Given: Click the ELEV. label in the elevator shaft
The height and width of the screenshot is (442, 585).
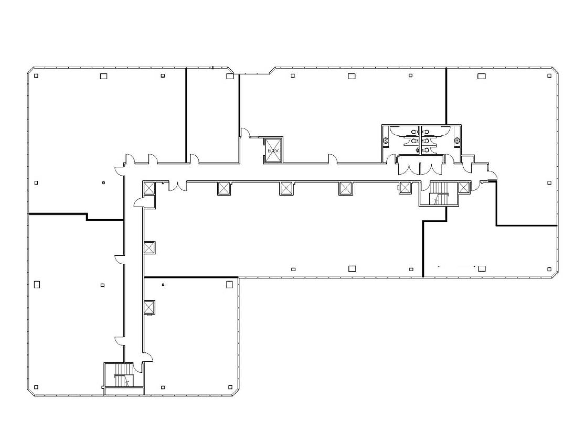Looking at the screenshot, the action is coord(273,151).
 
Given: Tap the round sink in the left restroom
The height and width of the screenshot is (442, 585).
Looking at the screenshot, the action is coord(386,141).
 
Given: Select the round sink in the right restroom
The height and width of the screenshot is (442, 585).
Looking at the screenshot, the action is coord(457,141).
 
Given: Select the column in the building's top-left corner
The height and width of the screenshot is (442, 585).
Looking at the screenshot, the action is coord(36,76).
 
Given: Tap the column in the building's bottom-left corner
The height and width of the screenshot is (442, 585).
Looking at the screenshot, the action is coord(36,387).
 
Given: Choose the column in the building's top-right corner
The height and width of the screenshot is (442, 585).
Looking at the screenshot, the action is coord(549,76).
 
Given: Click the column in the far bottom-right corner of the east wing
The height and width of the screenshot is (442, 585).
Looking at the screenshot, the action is coord(549,269).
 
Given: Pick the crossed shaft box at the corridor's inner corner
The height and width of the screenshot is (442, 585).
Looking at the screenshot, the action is coord(149,188).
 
